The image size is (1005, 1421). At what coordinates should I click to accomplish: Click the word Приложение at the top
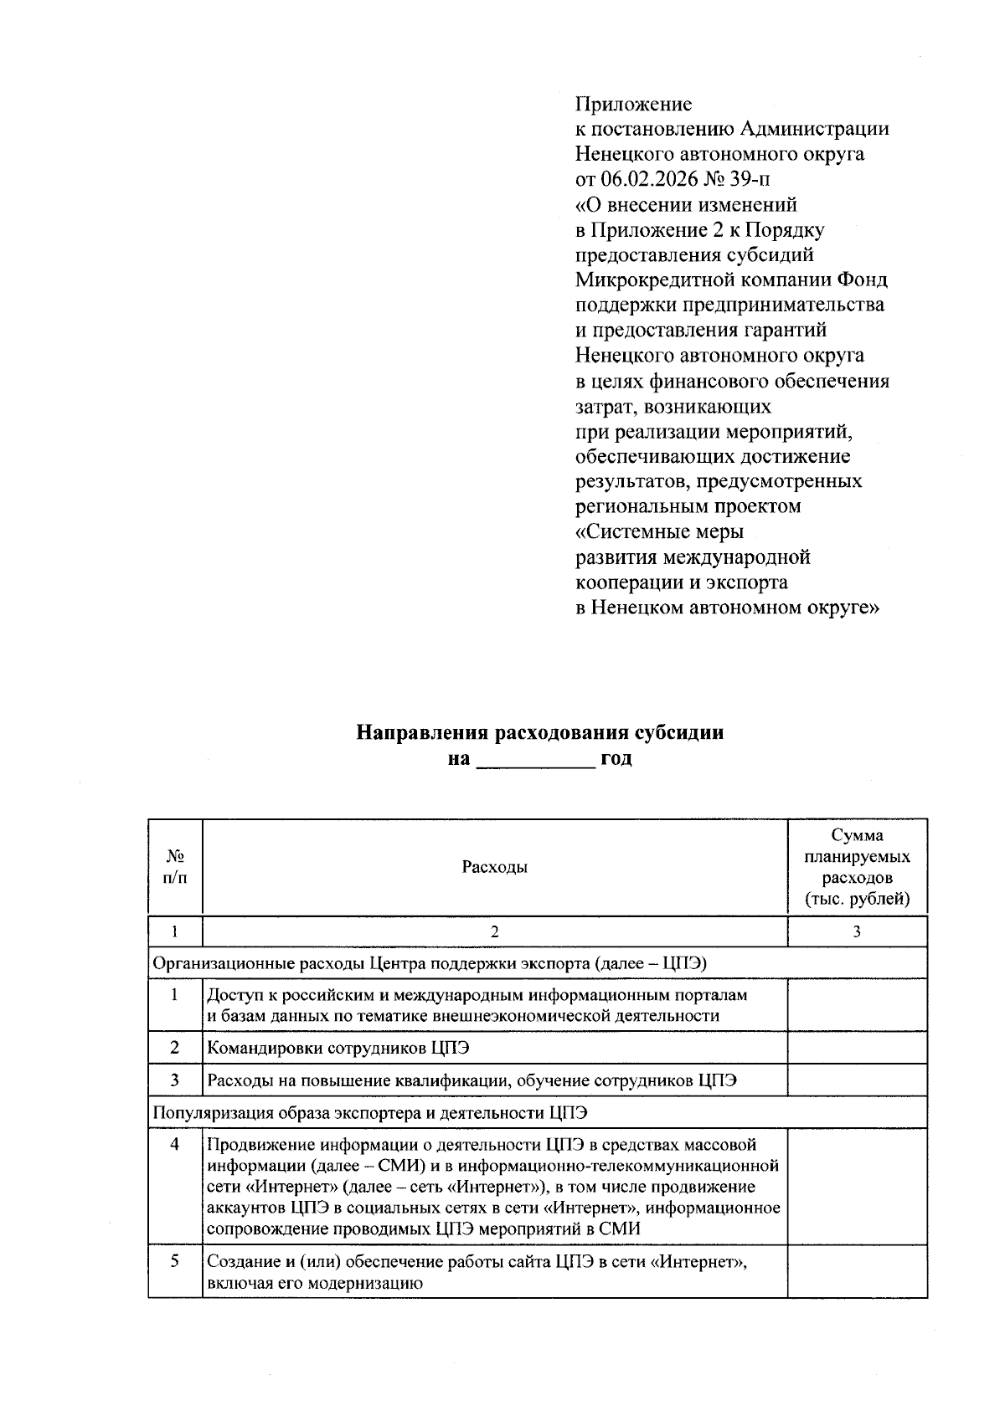click(633, 105)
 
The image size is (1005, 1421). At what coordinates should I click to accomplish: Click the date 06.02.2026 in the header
click(643, 180)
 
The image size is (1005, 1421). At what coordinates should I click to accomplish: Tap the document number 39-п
click(745, 180)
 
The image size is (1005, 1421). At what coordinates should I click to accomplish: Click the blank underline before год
click(534, 760)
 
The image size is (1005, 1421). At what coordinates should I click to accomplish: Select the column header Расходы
click(494, 867)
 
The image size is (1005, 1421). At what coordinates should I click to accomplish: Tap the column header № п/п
click(174, 867)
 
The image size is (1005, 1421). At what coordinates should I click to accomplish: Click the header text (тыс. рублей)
click(857, 900)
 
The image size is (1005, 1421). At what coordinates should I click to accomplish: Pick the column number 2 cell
click(494, 931)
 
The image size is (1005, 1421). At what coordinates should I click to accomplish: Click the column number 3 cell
click(857, 931)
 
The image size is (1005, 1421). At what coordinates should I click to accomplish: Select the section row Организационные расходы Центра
click(429, 963)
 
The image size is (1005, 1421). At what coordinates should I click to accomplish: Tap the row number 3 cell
click(174, 1080)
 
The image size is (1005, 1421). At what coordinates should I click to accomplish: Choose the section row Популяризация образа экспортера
click(369, 1112)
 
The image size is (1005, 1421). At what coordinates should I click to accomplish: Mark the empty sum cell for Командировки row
click(857, 1048)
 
